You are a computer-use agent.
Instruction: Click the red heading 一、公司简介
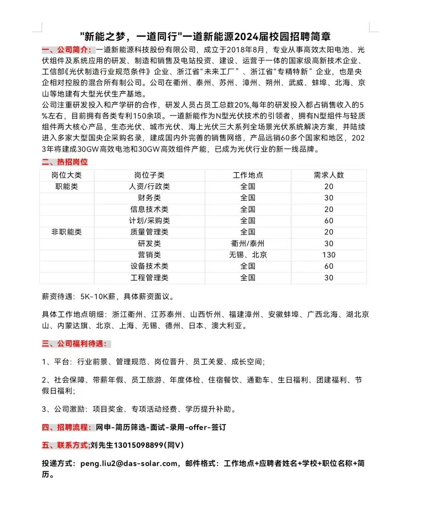click(68, 50)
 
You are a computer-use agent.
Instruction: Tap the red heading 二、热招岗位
click(65, 162)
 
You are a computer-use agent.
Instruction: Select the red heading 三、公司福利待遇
click(74, 344)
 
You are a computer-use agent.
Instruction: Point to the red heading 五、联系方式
click(66, 445)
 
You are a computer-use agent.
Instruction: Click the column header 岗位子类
click(149, 175)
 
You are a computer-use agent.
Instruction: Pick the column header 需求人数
click(328, 175)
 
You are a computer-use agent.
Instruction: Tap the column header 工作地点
click(248, 175)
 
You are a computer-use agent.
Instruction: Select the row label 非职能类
click(67, 232)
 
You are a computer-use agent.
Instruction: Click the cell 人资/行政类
click(149, 186)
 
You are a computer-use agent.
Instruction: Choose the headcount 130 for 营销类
click(328, 255)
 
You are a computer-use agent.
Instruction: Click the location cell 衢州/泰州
click(248, 244)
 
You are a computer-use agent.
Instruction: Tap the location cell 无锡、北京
click(248, 255)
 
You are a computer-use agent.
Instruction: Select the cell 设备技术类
click(149, 266)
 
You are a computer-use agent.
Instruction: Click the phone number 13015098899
click(139, 445)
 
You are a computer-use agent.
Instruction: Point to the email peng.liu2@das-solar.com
click(129, 464)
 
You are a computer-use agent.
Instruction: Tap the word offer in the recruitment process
click(198, 427)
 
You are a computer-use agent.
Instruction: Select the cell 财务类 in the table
click(149, 198)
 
